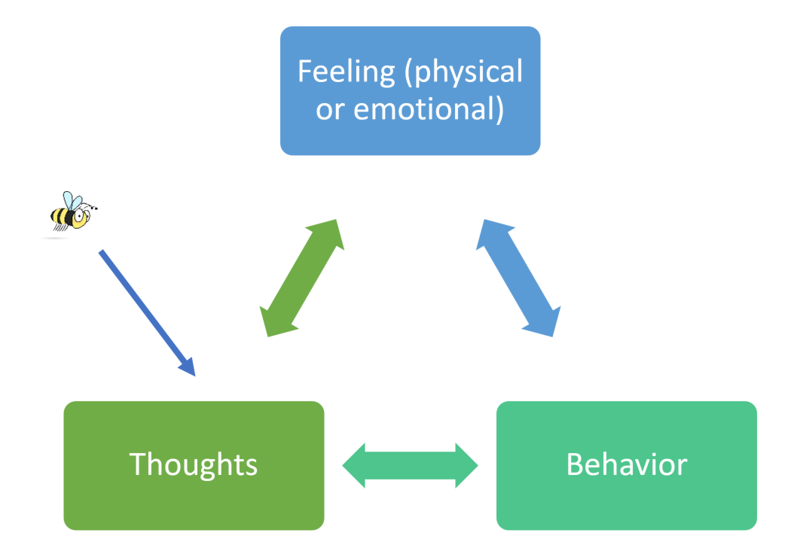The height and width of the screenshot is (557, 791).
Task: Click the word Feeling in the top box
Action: click(x=346, y=72)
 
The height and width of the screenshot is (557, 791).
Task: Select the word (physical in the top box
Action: click(x=463, y=72)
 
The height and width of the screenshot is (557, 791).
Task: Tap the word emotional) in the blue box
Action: click(x=429, y=109)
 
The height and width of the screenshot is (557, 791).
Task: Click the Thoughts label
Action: click(x=193, y=464)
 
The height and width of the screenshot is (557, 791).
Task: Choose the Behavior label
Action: click(x=627, y=464)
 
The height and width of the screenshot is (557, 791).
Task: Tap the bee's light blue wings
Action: click(x=72, y=201)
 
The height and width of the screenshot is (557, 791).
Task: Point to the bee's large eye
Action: click(x=80, y=216)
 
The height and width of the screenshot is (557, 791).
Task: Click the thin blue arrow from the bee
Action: click(x=147, y=313)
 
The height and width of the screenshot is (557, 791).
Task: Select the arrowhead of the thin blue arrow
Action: click(x=187, y=367)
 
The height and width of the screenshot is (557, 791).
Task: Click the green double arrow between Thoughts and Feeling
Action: click(x=301, y=278)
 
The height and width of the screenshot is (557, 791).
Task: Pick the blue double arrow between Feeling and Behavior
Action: click(x=518, y=278)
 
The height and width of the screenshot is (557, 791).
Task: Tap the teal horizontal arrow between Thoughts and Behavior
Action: click(x=410, y=466)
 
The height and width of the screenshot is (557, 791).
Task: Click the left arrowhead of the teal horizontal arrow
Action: click(x=353, y=466)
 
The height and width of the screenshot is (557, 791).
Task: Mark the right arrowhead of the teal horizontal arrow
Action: click(x=466, y=466)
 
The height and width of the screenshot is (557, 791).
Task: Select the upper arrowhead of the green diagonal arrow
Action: click(x=328, y=233)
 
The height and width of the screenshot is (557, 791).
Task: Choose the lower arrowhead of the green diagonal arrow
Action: click(x=276, y=323)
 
